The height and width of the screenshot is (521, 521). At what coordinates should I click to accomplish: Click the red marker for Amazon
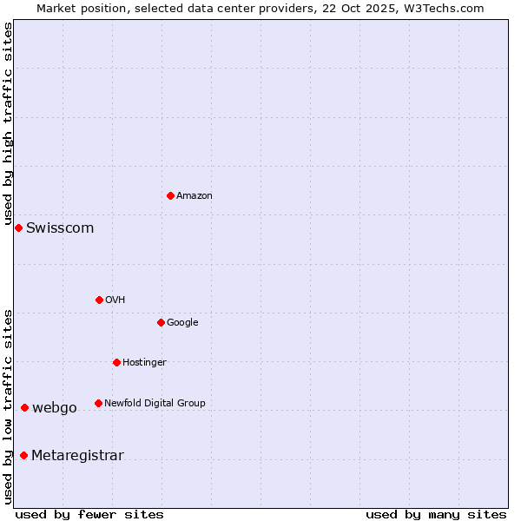[170, 195]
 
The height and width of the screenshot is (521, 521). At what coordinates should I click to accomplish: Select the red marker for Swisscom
[18, 228]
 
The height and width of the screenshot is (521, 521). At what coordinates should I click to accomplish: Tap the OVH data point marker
[99, 300]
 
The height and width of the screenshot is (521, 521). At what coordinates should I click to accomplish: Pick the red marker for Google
[161, 322]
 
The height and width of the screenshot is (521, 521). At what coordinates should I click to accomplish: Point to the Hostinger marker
[116, 362]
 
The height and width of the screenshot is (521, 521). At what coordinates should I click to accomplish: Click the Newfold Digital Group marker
[98, 403]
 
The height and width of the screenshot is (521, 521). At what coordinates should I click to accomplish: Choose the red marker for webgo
[24, 407]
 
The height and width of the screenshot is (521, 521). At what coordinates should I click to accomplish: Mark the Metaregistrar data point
[23, 455]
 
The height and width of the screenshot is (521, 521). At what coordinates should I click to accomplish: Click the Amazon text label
[195, 196]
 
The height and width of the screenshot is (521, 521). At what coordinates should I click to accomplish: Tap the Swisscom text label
[60, 228]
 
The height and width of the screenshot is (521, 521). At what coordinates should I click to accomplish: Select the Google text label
[182, 323]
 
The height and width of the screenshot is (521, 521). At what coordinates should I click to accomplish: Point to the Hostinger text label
[144, 363]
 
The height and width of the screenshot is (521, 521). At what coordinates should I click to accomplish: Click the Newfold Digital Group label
[155, 403]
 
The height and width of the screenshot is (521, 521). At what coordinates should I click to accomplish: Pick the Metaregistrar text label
[77, 456]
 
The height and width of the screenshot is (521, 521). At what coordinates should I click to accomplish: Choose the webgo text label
[55, 408]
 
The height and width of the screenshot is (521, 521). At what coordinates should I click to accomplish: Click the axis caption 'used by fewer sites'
[89, 514]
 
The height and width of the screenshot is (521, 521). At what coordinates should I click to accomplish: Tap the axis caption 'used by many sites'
[436, 514]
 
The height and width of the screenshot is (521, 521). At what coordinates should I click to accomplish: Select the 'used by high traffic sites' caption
[8, 124]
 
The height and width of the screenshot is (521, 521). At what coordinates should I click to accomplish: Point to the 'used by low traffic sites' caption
[8, 406]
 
